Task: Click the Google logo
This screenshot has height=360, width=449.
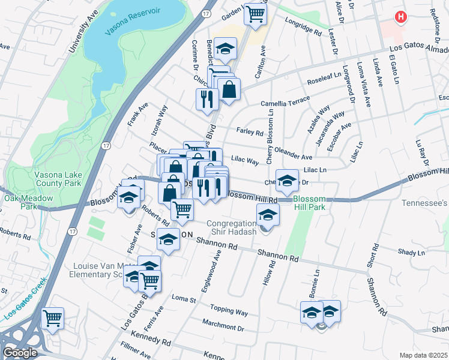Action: click(20, 353)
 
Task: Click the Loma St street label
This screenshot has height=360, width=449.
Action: click(181, 298)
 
